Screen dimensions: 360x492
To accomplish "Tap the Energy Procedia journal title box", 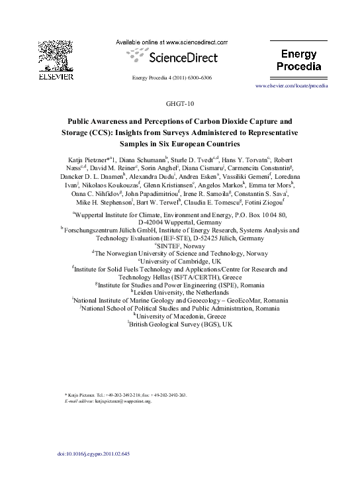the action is click(302, 59).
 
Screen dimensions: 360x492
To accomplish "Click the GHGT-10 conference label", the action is click(179, 104).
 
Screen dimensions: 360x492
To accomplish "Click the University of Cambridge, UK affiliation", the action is click(180, 262).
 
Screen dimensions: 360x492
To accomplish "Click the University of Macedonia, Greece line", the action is click(180, 317).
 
